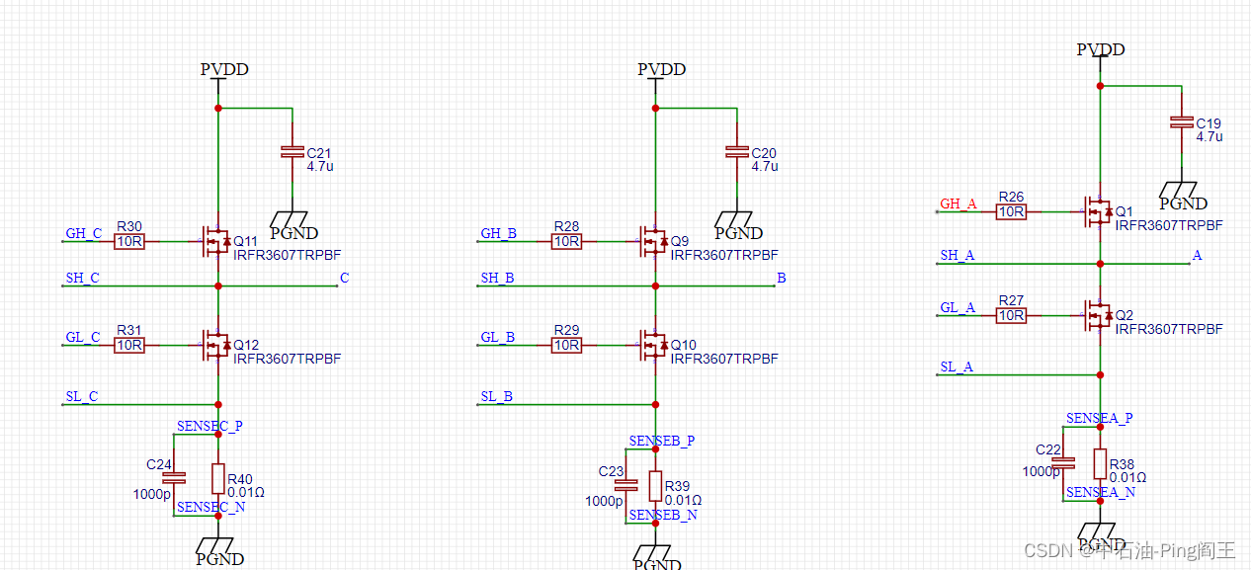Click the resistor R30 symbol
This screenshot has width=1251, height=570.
click(x=129, y=241)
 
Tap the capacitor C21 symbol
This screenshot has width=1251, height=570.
click(x=292, y=151)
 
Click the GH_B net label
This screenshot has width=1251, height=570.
click(x=498, y=234)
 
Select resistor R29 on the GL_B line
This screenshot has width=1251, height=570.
click(x=566, y=345)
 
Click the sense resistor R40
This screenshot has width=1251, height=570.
click(x=218, y=478)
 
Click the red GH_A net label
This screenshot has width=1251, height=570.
click(x=958, y=204)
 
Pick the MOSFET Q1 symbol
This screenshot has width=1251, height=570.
click(x=1098, y=211)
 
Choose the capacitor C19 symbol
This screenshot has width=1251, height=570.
click(x=1181, y=122)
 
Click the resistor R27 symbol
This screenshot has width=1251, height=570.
click(x=1011, y=315)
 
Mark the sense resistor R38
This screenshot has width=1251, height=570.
click(x=1100, y=463)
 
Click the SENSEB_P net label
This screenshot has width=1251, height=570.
click(x=662, y=441)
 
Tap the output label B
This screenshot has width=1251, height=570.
click(x=781, y=279)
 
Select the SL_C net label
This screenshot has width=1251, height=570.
click(x=81, y=396)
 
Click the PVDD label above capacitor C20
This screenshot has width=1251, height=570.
click(x=661, y=70)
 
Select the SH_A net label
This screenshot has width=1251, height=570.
click(x=957, y=255)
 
